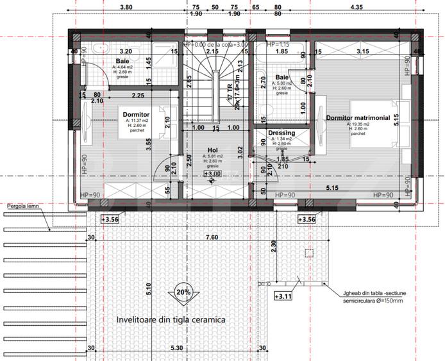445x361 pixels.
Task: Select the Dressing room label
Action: click(x=281, y=133)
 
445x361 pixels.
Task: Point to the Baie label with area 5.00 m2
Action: click(x=282, y=77)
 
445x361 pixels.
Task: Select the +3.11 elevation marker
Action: click(x=283, y=296)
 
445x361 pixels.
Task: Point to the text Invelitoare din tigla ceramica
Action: click(x=171, y=319)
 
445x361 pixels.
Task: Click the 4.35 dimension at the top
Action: click(x=356, y=7)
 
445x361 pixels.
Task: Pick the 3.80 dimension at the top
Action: click(x=126, y=7)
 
